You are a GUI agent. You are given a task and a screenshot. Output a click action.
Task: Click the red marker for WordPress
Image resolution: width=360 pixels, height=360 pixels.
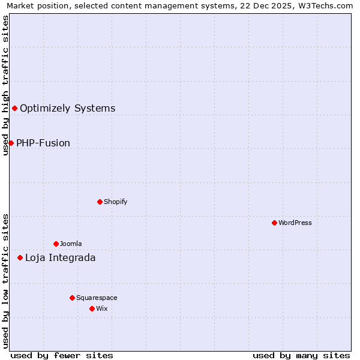pos(274,223)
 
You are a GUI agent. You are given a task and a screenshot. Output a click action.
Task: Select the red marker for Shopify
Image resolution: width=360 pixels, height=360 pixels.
pos(100,202)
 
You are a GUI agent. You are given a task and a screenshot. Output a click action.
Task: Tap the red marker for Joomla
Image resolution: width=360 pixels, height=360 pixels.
pos(56,244)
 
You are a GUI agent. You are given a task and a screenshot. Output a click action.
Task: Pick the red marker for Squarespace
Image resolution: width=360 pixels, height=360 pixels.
pos(72,298)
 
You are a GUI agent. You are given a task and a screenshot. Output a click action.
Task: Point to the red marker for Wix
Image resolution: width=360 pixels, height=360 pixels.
pos(92,308)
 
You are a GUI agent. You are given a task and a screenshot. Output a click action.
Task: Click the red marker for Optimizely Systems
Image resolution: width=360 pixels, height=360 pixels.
pos(14,108)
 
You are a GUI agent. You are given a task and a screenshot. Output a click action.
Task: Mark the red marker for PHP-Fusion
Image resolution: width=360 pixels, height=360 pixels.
pos(11,143)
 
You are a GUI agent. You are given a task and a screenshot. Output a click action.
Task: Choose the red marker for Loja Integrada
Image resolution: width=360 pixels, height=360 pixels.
pos(20,257)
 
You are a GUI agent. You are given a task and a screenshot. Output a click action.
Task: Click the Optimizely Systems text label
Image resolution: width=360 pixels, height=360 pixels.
pos(67,109)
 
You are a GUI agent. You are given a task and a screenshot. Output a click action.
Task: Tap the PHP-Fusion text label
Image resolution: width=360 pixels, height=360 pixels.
pos(43,143)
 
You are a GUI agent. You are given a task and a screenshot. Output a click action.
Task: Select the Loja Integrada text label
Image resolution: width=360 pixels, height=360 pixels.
pos(60,258)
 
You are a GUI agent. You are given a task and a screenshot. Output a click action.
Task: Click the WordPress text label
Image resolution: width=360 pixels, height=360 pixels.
pos(295,223)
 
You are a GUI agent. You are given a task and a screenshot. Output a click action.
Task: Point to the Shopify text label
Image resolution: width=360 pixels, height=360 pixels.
pos(115,202)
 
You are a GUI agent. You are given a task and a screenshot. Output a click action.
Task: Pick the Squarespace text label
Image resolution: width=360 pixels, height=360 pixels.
pos(97,298)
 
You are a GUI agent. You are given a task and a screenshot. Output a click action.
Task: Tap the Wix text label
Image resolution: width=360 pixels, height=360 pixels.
pos(101,309)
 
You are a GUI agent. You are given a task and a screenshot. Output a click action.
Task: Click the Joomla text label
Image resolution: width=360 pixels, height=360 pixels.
pos(71,244)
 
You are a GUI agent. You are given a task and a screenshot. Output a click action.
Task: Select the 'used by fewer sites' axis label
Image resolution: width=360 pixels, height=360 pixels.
pos(62,355)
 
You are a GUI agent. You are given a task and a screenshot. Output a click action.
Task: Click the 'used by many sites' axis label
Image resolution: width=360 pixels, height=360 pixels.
pos(301,355)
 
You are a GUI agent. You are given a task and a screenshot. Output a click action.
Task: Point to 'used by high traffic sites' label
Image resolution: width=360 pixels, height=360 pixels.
pos(5,85)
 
